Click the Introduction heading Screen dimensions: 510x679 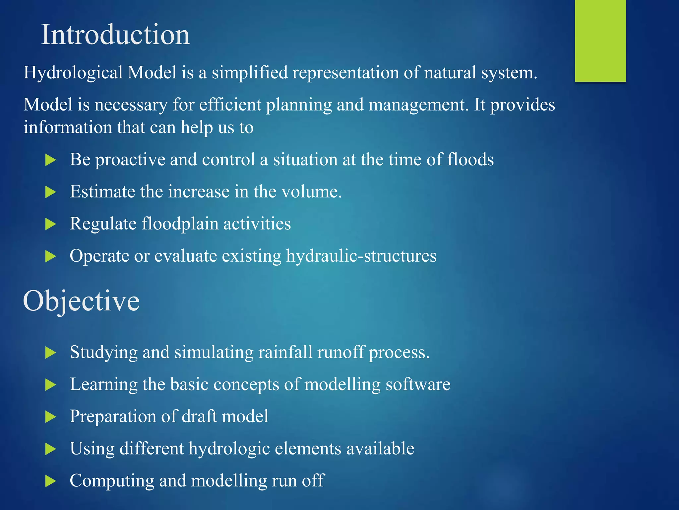point(115,35)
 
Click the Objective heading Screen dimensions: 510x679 point(81,301)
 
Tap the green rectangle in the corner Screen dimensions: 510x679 point(600,41)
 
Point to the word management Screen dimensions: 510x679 point(419,105)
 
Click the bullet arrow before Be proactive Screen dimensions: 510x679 point(50,160)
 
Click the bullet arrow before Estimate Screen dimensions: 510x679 point(50,192)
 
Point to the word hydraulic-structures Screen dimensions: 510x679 point(361,256)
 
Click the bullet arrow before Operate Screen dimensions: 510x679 point(50,256)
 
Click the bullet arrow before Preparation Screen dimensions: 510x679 point(50,417)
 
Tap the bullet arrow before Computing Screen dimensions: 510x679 point(50,481)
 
